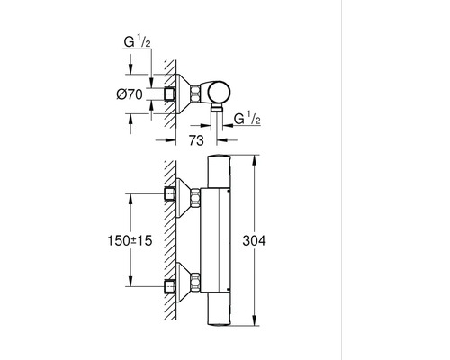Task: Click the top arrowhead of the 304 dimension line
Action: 260,158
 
